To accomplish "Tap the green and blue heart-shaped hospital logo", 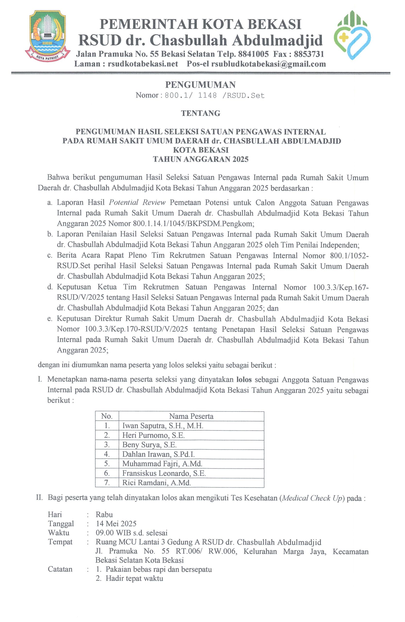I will point(352,35).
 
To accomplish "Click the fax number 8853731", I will point(308,54).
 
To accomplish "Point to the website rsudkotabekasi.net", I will point(143,64).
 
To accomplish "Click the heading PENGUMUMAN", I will point(200,85).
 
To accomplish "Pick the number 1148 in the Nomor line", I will point(207,95).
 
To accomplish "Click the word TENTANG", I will point(201,113).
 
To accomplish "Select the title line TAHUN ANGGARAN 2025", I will point(201,159).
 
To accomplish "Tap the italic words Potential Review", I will point(137,203).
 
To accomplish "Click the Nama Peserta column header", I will point(191,416).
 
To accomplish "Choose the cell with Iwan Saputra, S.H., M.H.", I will point(163,426).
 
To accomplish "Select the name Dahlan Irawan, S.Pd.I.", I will point(158,454).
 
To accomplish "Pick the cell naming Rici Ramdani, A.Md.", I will point(156,483).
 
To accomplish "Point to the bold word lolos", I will point(244,380).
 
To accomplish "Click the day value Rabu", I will point(104,515).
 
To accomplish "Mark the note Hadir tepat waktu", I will point(134,578).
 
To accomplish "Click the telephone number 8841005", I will point(253,54).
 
